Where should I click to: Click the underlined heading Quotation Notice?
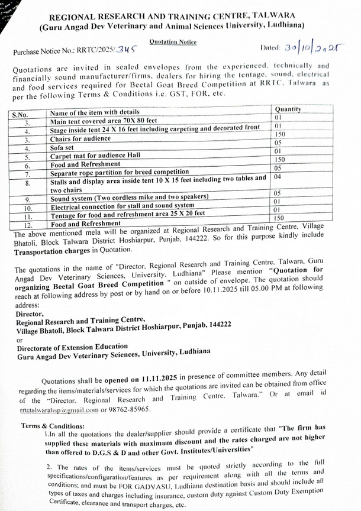(173, 43)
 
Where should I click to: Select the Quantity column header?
(288, 110)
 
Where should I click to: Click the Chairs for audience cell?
(80, 139)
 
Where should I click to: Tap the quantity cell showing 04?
(278, 177)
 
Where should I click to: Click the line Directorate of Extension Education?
(72, 346)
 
